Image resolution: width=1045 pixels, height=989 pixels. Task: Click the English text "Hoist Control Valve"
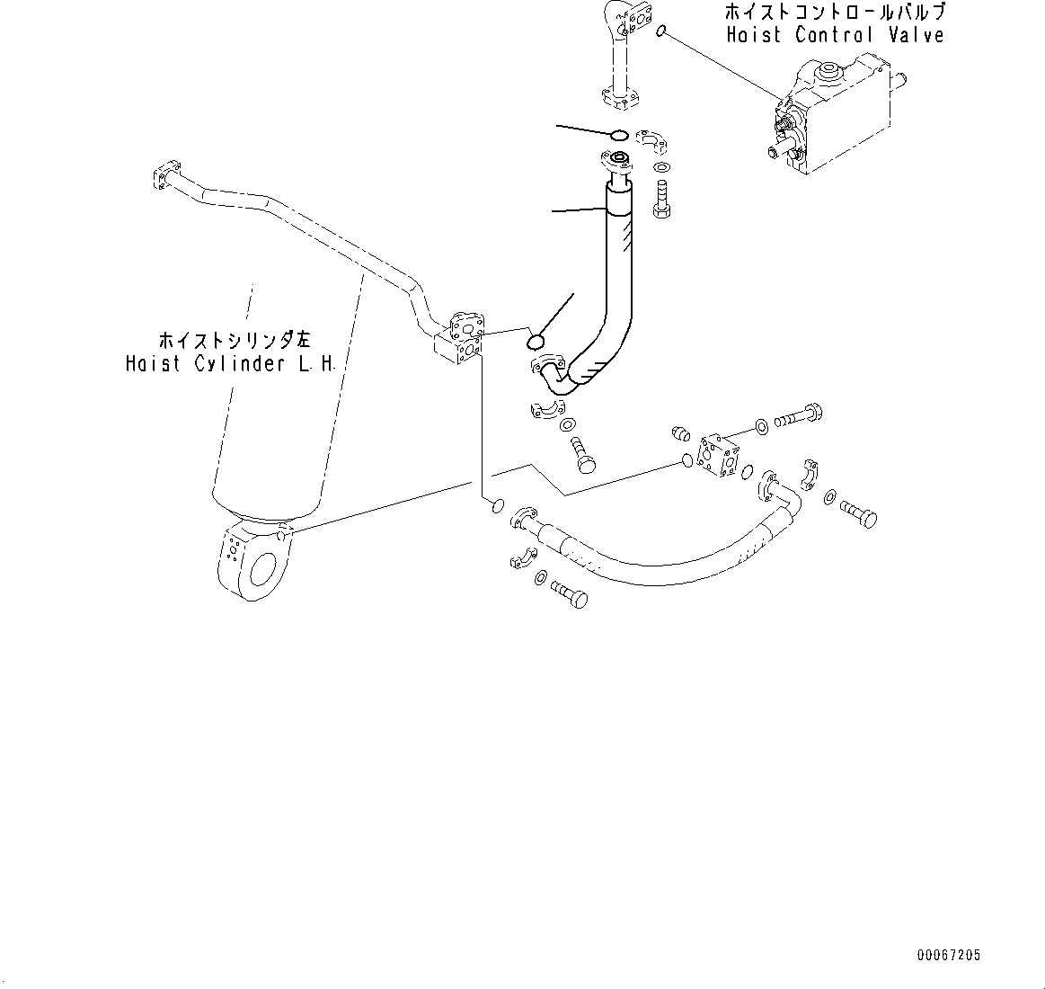point(835,36)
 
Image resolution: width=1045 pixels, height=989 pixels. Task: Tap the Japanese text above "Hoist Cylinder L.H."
point(234,341)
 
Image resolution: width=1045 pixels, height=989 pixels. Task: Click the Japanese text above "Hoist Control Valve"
point(835,13)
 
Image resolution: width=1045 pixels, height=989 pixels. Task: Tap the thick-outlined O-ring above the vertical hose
point(618,136)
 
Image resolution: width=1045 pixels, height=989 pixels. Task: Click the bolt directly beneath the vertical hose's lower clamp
point(581,451)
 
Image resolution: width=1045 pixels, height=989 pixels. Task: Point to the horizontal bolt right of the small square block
point(796,417)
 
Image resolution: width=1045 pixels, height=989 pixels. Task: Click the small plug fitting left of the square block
point(681,436)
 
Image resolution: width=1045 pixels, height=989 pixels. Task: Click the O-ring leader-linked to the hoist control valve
point(661,33)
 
